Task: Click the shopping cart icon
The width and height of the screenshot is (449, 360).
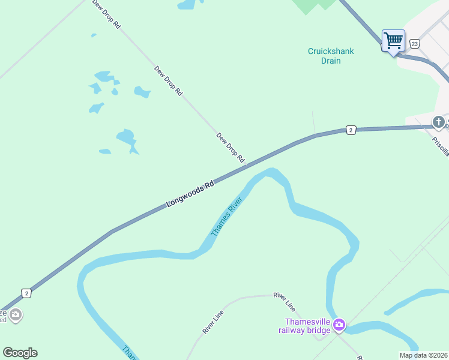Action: click(x=394, y=41)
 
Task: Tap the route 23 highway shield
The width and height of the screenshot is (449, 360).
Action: click(x=415, y=44)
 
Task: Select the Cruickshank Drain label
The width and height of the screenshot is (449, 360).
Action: click(x=331, y=56)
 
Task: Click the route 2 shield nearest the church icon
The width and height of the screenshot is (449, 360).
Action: click(x=351, y=130)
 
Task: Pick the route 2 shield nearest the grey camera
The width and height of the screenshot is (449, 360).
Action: click(x=26, y=293)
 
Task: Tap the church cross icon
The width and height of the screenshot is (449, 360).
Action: click(x=439, y=122)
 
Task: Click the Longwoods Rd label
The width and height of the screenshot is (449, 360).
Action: click(x=190, y=195)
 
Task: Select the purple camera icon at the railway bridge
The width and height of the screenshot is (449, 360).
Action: click(x=339, y=325)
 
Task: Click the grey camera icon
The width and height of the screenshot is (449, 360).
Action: click(x=16, y=314)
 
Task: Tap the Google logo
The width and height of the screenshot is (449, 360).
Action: click(x=20, y=353)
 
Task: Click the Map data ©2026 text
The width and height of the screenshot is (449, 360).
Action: click(x=423, y=355)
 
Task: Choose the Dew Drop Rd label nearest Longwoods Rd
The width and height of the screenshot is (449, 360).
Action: click(x=231, y=148)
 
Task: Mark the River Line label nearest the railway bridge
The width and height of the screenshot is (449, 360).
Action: click(x=284, y=301)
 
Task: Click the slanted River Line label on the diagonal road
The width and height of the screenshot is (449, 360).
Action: click(x=213, y=322)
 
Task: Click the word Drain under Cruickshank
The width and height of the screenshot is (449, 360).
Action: click(x=331, y=61)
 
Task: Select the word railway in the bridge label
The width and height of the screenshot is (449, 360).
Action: click(x=297, y=330)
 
